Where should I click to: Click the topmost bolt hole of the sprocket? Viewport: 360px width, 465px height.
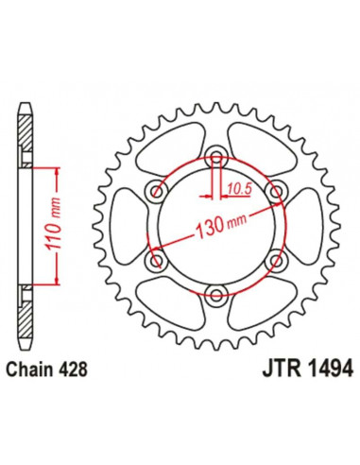(214, 157)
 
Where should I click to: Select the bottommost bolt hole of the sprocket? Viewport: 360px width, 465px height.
(214, 296)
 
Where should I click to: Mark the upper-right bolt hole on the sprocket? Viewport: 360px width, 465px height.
(275, 192)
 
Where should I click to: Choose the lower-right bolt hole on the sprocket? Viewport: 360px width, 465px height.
(275, 261)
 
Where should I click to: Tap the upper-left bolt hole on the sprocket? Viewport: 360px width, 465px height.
(154, 192)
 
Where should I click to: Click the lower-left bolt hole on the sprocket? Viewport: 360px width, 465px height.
(154, 261)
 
